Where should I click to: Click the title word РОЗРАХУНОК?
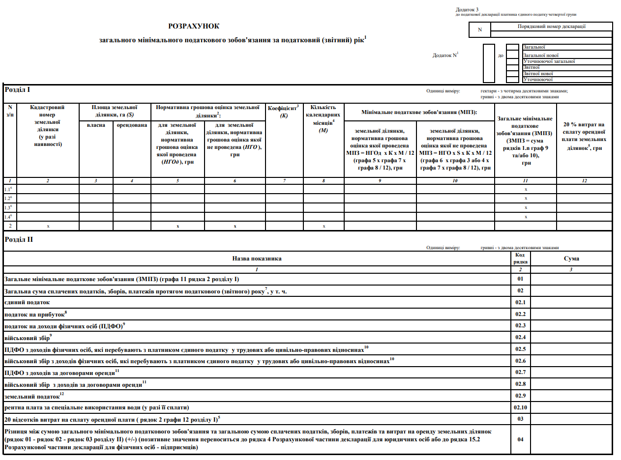coord(194,26)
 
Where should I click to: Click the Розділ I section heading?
coord(17,90)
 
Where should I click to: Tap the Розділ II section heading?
coord(19,239)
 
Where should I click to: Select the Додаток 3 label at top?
coord(467,9)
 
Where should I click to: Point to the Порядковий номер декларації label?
coord(552,27)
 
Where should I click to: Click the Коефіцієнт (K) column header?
coord(284,111)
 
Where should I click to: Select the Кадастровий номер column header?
coord(47,125)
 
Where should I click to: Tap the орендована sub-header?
coord(132,125)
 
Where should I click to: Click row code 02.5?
coord(520,349)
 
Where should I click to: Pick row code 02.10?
coord(520,408)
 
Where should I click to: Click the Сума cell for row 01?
coord(571,280)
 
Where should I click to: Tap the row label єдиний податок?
coord(27,303)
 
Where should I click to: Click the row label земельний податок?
coord(32,396)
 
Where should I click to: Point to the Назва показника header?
coord(257,259)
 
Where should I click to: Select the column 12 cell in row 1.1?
coord(584,189)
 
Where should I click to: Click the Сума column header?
coord(571,259)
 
